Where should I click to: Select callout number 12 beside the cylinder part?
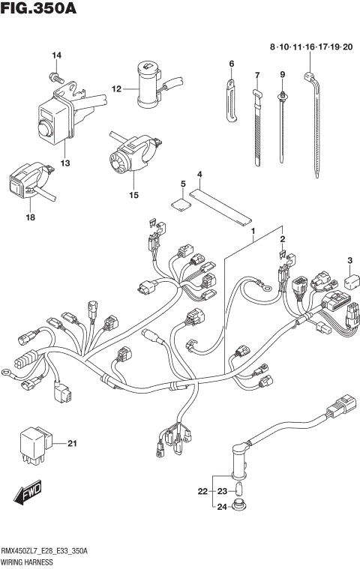coord(116,89)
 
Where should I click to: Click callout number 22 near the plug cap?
coord(202,492)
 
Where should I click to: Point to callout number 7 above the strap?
coord(256,75)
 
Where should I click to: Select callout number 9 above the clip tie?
coord(283,73)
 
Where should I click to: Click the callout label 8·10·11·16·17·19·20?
coord(311,47)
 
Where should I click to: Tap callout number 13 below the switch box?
coord(64,163)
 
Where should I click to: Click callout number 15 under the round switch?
coord(133,195)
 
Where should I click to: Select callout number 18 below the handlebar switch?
coord(31,217)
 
